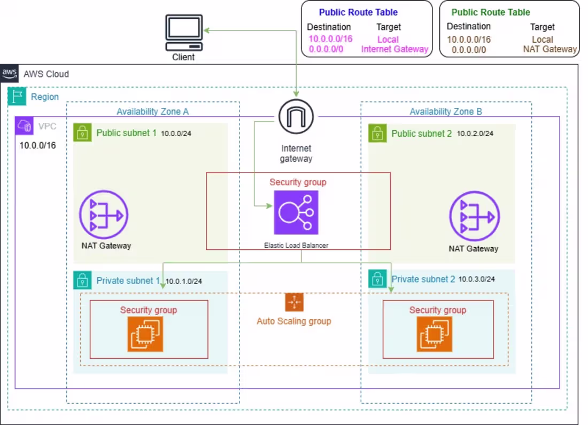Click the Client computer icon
click(x=184, y=33)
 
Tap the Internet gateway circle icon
click(x=296, y=116)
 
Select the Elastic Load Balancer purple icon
click(x=296, y=212)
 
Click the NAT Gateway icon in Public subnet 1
click(x=104, y=215)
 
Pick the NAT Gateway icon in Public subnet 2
click(x=474, y=216)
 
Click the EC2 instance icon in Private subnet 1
click(x=145, y=334)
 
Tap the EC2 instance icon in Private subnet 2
click(x=434, y=334)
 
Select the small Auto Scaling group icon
click(x=295, y=302)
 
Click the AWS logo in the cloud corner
click(x=10, y=73)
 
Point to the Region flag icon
click(x=17, y=96)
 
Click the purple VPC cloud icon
click(x=25, y=126)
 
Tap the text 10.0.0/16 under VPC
click(x=37, y=145)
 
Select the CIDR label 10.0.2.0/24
click(x=475, y=133)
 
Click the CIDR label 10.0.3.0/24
click(x=477, y=279)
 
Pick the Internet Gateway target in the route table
click(x=394, y=49)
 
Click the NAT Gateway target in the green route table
click(x=550, y=49)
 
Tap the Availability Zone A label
click(x=153, y=112)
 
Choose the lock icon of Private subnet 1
click(x=82, y=280)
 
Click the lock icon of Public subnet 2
click(x=377, y=133)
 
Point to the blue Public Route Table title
click(x=358, y=12)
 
